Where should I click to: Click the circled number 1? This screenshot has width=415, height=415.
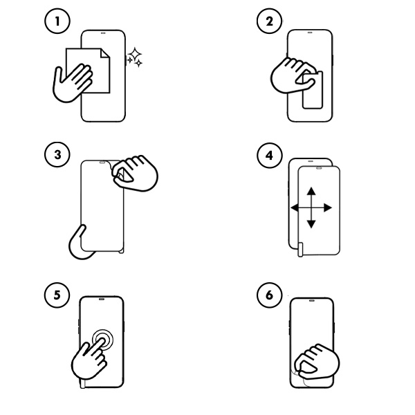coord(58,21)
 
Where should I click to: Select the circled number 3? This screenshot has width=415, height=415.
coord(58,155)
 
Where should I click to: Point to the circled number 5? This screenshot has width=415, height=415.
coord(58,295)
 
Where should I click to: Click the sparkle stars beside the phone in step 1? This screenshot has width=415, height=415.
coord(134,58)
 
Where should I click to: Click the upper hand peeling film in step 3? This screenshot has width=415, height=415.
coord(134,173)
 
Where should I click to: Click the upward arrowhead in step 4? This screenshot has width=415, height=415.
coord(311,190)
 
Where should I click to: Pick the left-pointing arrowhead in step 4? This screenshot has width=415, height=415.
coord(294,207)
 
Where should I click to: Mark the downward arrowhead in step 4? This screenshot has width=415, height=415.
coord(311,224)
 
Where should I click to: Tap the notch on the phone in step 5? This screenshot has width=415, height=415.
coord(102,300)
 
